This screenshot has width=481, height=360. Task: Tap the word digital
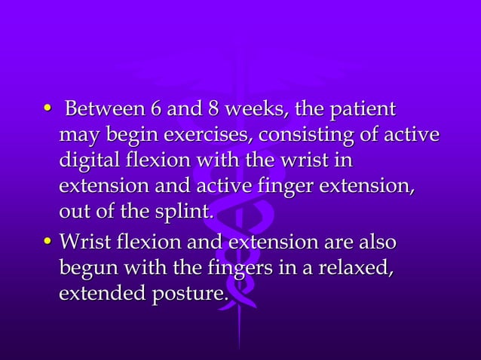pyautogui.click(x=85, y=162)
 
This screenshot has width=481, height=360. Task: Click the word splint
pyautogui.click(x=188, y=215)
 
